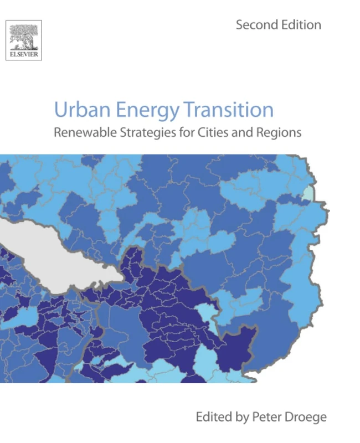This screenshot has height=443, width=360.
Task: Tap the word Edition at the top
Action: [x=301, y=25]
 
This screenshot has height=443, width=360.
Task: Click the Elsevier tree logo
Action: [x=23, y=39]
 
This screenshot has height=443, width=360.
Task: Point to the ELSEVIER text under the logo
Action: [x=23, y=55]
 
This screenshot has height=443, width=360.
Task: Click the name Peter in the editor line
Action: [x=271, y=416]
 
